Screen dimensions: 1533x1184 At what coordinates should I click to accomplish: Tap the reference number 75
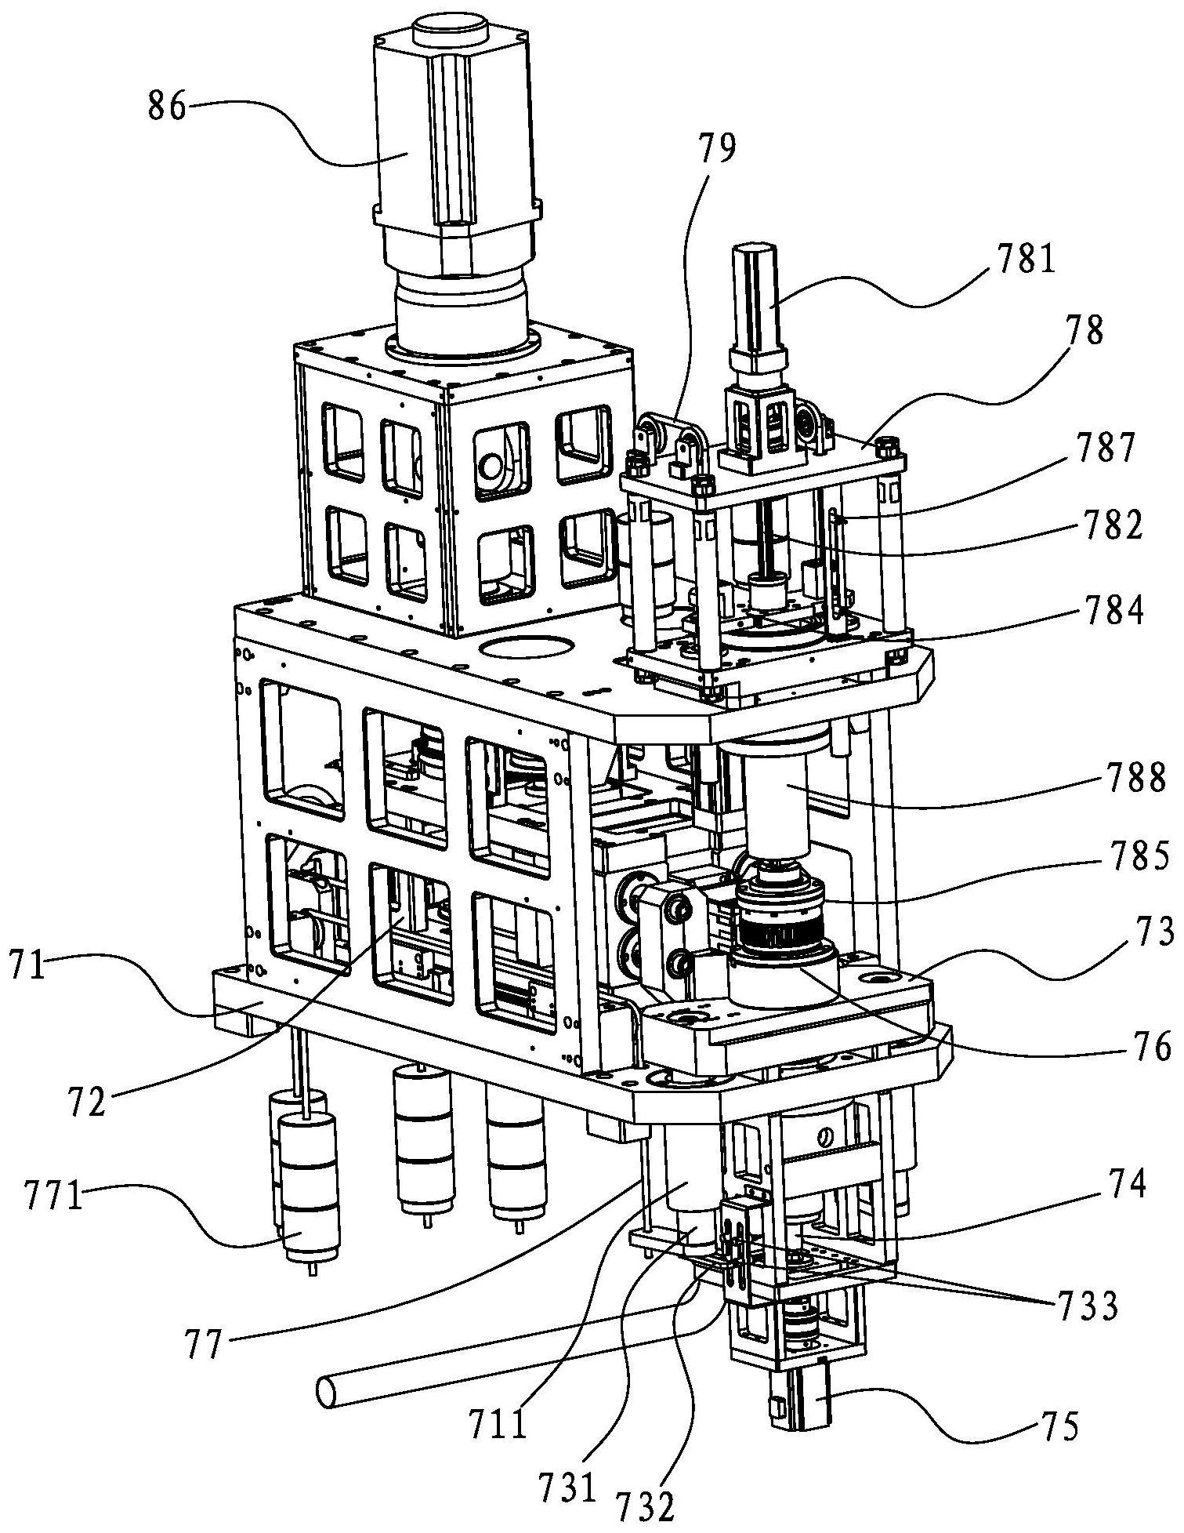pyautogui.click(x=1057, y=1426)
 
